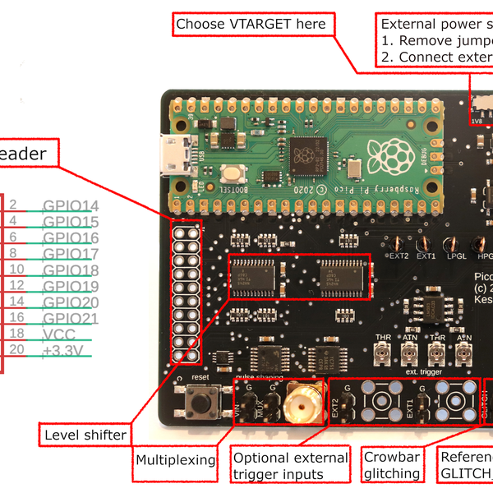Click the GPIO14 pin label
pos(70,206)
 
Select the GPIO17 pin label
pos(70,254)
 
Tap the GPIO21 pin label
pos(70,318)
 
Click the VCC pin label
pos(59,334)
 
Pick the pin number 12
pos(16,286)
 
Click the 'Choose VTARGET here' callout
pos(251,24)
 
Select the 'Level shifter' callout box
pos(85,434)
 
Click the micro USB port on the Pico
pos(175,156)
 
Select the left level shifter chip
pos(254,268)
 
